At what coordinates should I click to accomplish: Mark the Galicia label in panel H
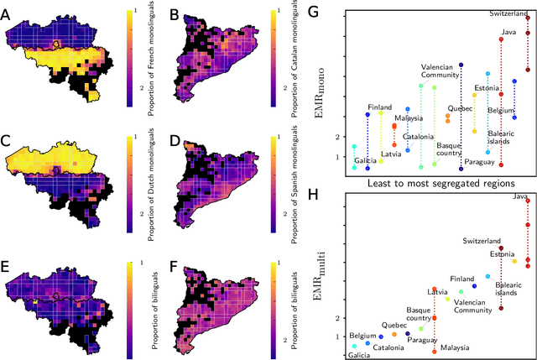(359, 355)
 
